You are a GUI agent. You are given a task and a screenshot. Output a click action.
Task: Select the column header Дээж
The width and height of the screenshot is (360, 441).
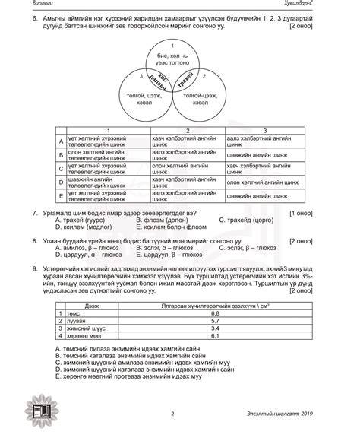(91, 305)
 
